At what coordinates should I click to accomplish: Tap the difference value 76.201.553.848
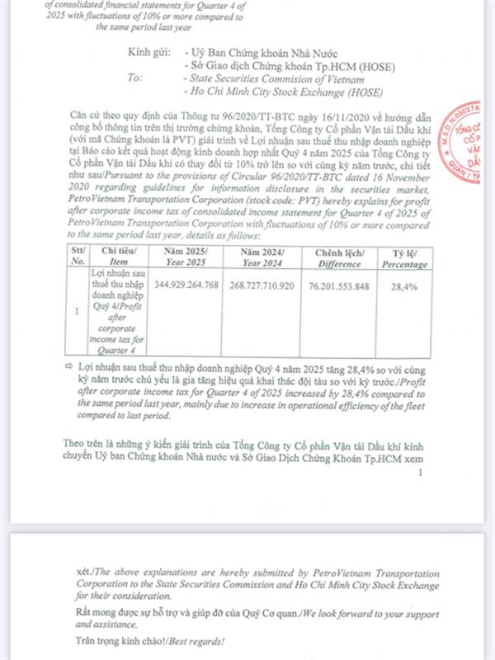(346, 285)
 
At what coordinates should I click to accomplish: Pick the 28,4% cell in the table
(405, 285)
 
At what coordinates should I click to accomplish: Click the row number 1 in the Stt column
(76, 312)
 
